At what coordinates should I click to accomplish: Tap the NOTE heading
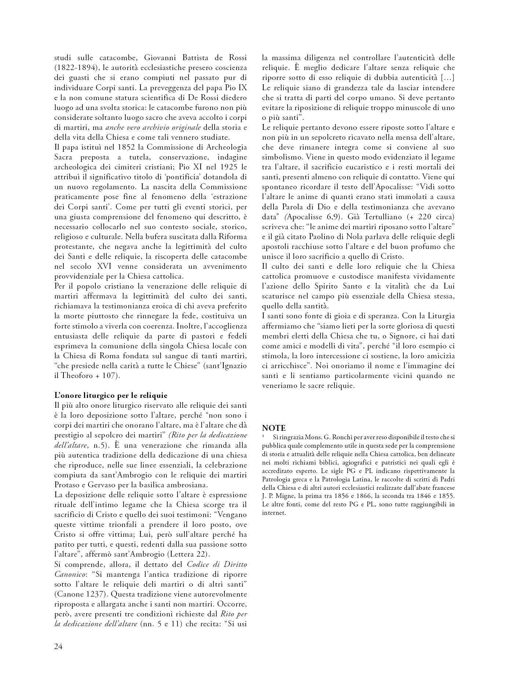click(x=274, y=428)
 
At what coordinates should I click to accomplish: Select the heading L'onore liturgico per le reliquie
click(x=111, y=396)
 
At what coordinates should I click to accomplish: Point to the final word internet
click(x=274, y=513)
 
